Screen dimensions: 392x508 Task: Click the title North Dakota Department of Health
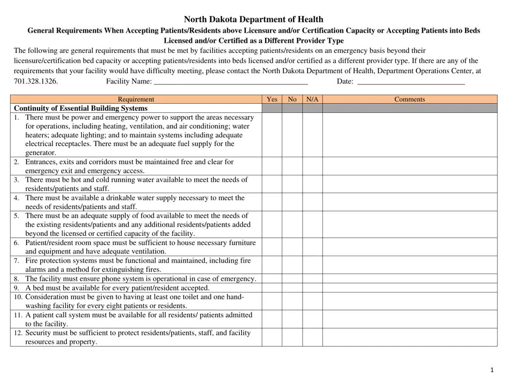[253, 19]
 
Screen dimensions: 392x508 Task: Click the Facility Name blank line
[230, 82]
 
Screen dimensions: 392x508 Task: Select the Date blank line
[410, 82]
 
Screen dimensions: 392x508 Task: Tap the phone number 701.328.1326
[36, 82]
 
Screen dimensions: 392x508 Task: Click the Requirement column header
[136, 99]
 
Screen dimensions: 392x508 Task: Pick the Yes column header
[272, 99]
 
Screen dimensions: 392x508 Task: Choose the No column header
[292, 99]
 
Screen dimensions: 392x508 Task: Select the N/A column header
[312, 99]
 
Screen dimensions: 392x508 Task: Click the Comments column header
[410, 99]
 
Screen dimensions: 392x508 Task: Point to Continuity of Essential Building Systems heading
[80, 108]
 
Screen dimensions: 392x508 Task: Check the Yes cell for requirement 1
[272, 135]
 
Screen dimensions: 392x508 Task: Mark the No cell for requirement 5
[292, 225]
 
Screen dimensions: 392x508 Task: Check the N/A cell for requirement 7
[312, 265]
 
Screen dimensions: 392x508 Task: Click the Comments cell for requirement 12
[410, 337]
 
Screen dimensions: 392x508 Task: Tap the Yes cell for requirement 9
[272, 288]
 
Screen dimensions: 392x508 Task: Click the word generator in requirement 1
[40, 153]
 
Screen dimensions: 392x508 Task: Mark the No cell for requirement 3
[292, 184]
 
